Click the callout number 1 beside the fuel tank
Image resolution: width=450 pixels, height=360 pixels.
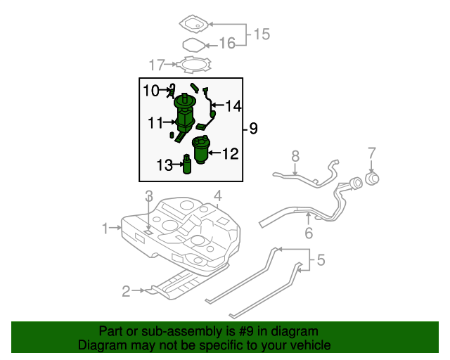[105, 228]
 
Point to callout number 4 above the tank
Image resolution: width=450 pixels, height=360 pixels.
[218, 195]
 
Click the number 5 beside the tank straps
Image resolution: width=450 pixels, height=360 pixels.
[321, 261]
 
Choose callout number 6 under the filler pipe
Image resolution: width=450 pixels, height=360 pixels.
[308, 233]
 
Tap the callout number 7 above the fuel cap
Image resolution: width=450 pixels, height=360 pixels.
[372, 153]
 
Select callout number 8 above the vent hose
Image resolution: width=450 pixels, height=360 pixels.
[295, 155]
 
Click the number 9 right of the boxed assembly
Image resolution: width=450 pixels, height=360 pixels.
[253, 128]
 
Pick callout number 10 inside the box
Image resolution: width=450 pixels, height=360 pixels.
[151, 90]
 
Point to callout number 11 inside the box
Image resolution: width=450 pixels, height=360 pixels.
[155, 123]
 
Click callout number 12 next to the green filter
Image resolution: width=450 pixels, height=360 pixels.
[231, 153]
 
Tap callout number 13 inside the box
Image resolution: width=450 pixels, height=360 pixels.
[164, 165]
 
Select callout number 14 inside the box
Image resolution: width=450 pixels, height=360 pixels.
[233, 106]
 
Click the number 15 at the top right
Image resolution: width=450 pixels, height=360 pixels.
[262, 34]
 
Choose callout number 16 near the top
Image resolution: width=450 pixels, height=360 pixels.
[226, 44]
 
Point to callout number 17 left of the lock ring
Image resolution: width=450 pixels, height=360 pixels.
[156, 65]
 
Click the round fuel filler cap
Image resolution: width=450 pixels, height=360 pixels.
[372, 179]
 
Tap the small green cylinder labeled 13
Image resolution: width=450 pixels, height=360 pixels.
[187, 165]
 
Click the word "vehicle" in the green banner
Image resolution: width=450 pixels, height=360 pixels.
[304, 345]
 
